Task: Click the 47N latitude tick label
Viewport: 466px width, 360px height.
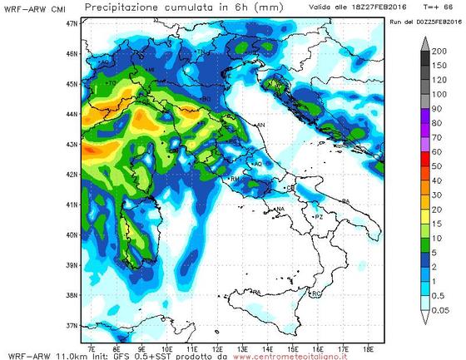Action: tap(72, 23)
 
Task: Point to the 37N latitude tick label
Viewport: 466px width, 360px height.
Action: tap(72, 325)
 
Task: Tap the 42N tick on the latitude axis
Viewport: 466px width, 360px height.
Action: tap(72, 175)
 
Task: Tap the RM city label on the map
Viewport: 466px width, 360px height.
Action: tap(235, 178)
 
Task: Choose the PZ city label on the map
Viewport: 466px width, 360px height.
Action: tap(318, 216)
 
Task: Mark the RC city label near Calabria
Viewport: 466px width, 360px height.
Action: tap(315, 295)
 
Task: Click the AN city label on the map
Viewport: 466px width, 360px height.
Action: tap(260, 125)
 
